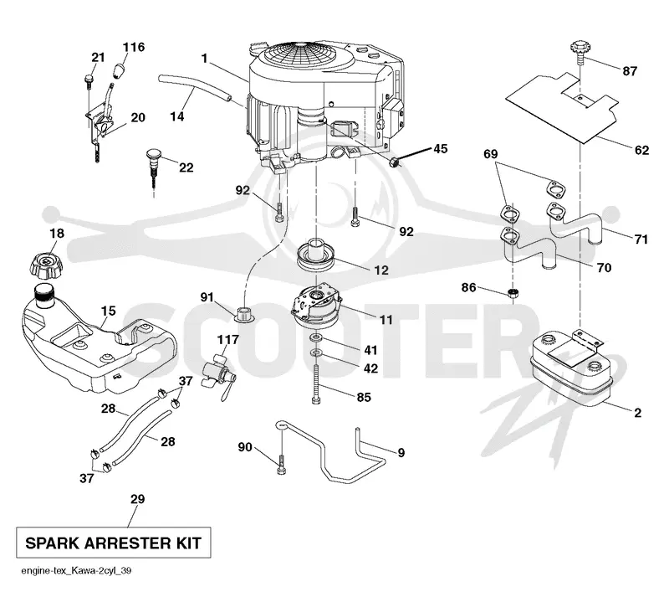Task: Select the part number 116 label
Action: [134, 47]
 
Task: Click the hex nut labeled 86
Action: [513, 293]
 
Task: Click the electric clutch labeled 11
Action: [316, 307]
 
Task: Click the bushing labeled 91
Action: [245, 313]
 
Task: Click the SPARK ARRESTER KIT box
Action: [114, 543]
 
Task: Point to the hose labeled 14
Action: [195, 90]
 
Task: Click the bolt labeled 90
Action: [282, 464]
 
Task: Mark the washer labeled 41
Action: [316, 339]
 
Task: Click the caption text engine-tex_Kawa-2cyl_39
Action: [76, 570]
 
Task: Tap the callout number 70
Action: [604, 268]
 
